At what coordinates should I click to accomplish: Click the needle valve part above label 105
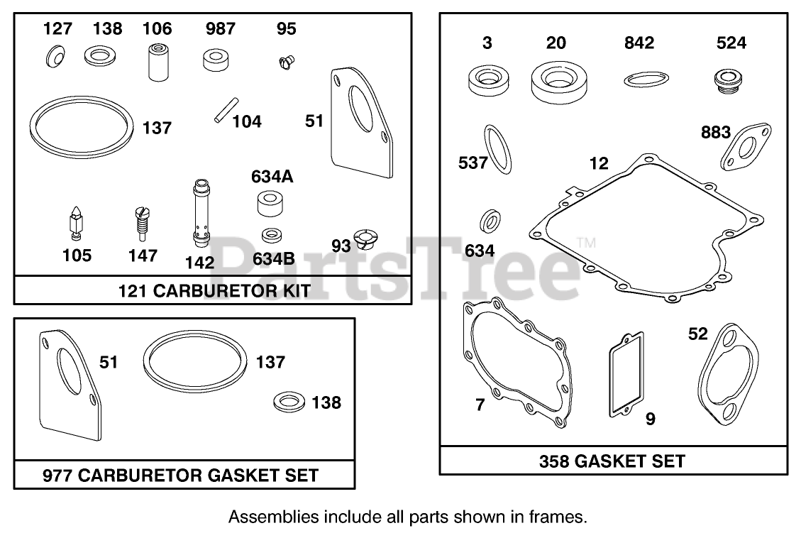(x=76, y=222)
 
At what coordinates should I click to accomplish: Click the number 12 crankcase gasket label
(x=598, y=164)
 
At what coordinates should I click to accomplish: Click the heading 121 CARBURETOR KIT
(x=214, y=291)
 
